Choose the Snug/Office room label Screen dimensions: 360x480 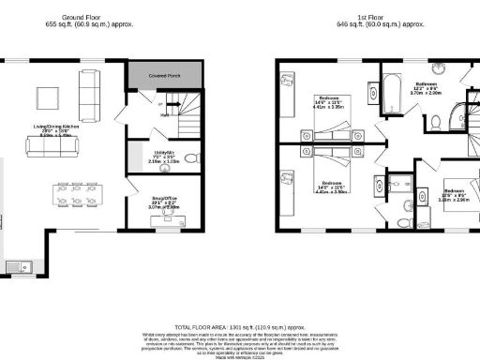coord(153,199)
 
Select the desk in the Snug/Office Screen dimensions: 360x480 coord(169,223)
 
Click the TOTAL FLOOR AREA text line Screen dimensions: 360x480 coord(239,319)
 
